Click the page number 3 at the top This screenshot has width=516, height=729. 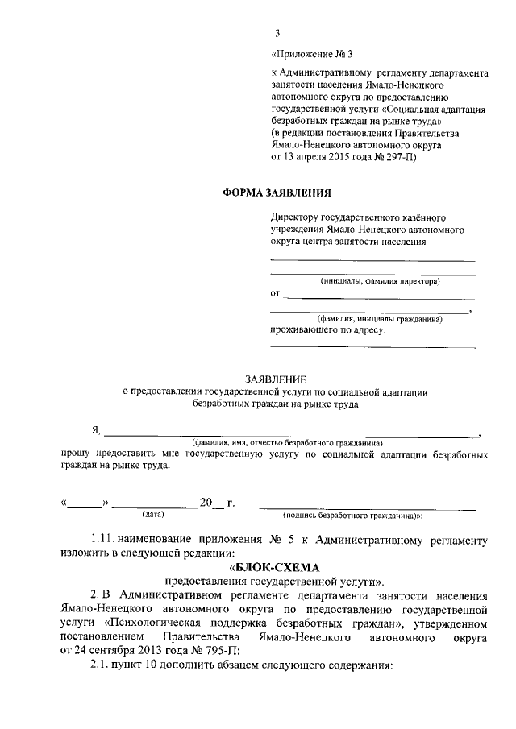click(x=277, y=33)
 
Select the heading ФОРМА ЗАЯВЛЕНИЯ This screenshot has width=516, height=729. click(x=276, y=191)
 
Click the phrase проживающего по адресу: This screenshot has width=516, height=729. click(x=327, y=329)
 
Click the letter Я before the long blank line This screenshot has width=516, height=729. click(x=94, y=432)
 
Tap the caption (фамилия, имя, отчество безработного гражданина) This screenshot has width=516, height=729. click(x=286, y=443)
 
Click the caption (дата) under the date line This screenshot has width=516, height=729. click(x=152, y=513)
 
